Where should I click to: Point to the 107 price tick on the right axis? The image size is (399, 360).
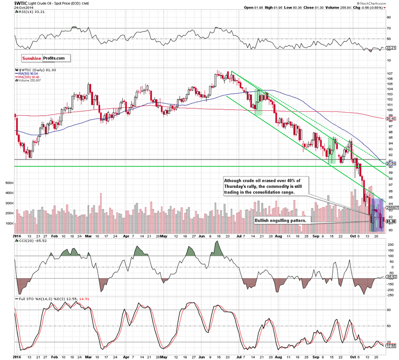[389, 74]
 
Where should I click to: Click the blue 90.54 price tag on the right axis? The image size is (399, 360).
[391, 163]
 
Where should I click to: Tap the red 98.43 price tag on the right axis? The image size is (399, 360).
[391, 119]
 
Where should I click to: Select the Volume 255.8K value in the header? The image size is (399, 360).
[312, 7]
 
